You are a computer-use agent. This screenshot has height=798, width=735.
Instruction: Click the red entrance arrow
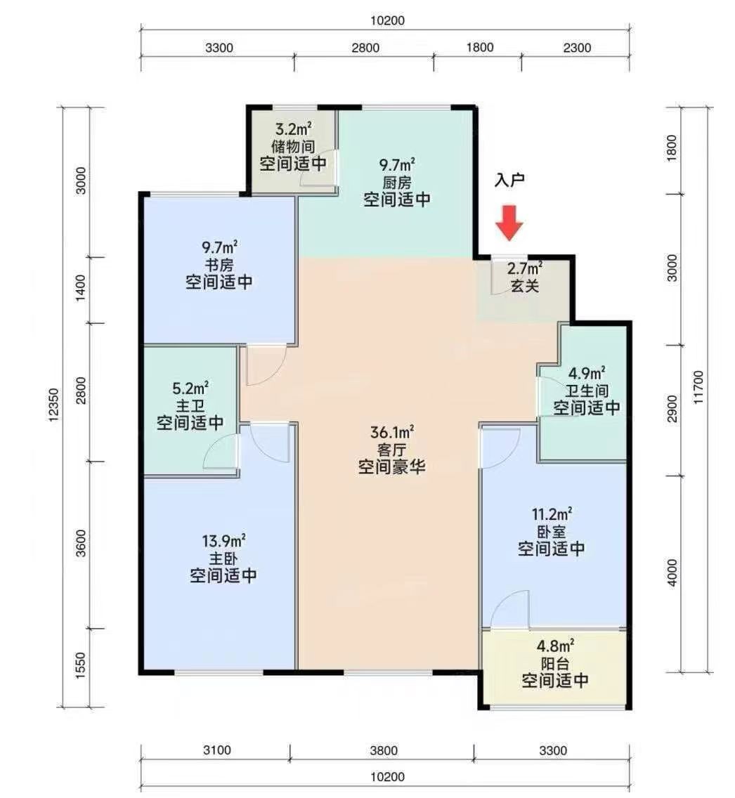click(x=509, y=223)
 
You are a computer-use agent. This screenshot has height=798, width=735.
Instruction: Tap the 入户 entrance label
click(x=509, y=180)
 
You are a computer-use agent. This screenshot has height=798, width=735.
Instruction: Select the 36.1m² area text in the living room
click(x=391, y=432)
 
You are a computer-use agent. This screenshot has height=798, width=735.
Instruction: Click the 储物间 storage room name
click(x=293, y=147)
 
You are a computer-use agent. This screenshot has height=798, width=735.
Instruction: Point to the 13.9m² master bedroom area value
click(x=223, y=540)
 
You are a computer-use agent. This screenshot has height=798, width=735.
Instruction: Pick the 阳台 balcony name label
click(x=555, y=664)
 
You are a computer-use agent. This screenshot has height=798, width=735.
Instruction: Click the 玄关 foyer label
click(x=524, y=285)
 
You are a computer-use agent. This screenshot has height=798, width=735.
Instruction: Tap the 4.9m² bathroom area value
click(x=586, y=373)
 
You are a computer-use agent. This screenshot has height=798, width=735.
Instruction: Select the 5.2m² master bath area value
click(x=190, y=388)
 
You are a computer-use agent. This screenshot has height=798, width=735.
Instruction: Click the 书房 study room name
click(x=219, y=265)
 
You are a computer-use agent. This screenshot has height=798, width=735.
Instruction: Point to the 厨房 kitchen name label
click(x=396, y=182)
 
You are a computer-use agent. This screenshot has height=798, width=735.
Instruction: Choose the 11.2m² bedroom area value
click(x=551, y=514)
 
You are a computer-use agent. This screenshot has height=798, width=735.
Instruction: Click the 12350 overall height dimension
click(x=53, y=405)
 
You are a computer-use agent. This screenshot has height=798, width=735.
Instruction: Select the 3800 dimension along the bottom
click(x=384, y=750)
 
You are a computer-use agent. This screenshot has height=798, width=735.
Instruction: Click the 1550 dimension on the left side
click(x=80, y=665)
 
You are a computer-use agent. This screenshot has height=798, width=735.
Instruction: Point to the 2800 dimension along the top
click(x=365, y=48)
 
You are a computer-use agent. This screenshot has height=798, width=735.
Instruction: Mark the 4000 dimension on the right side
click(x=672, y=573)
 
